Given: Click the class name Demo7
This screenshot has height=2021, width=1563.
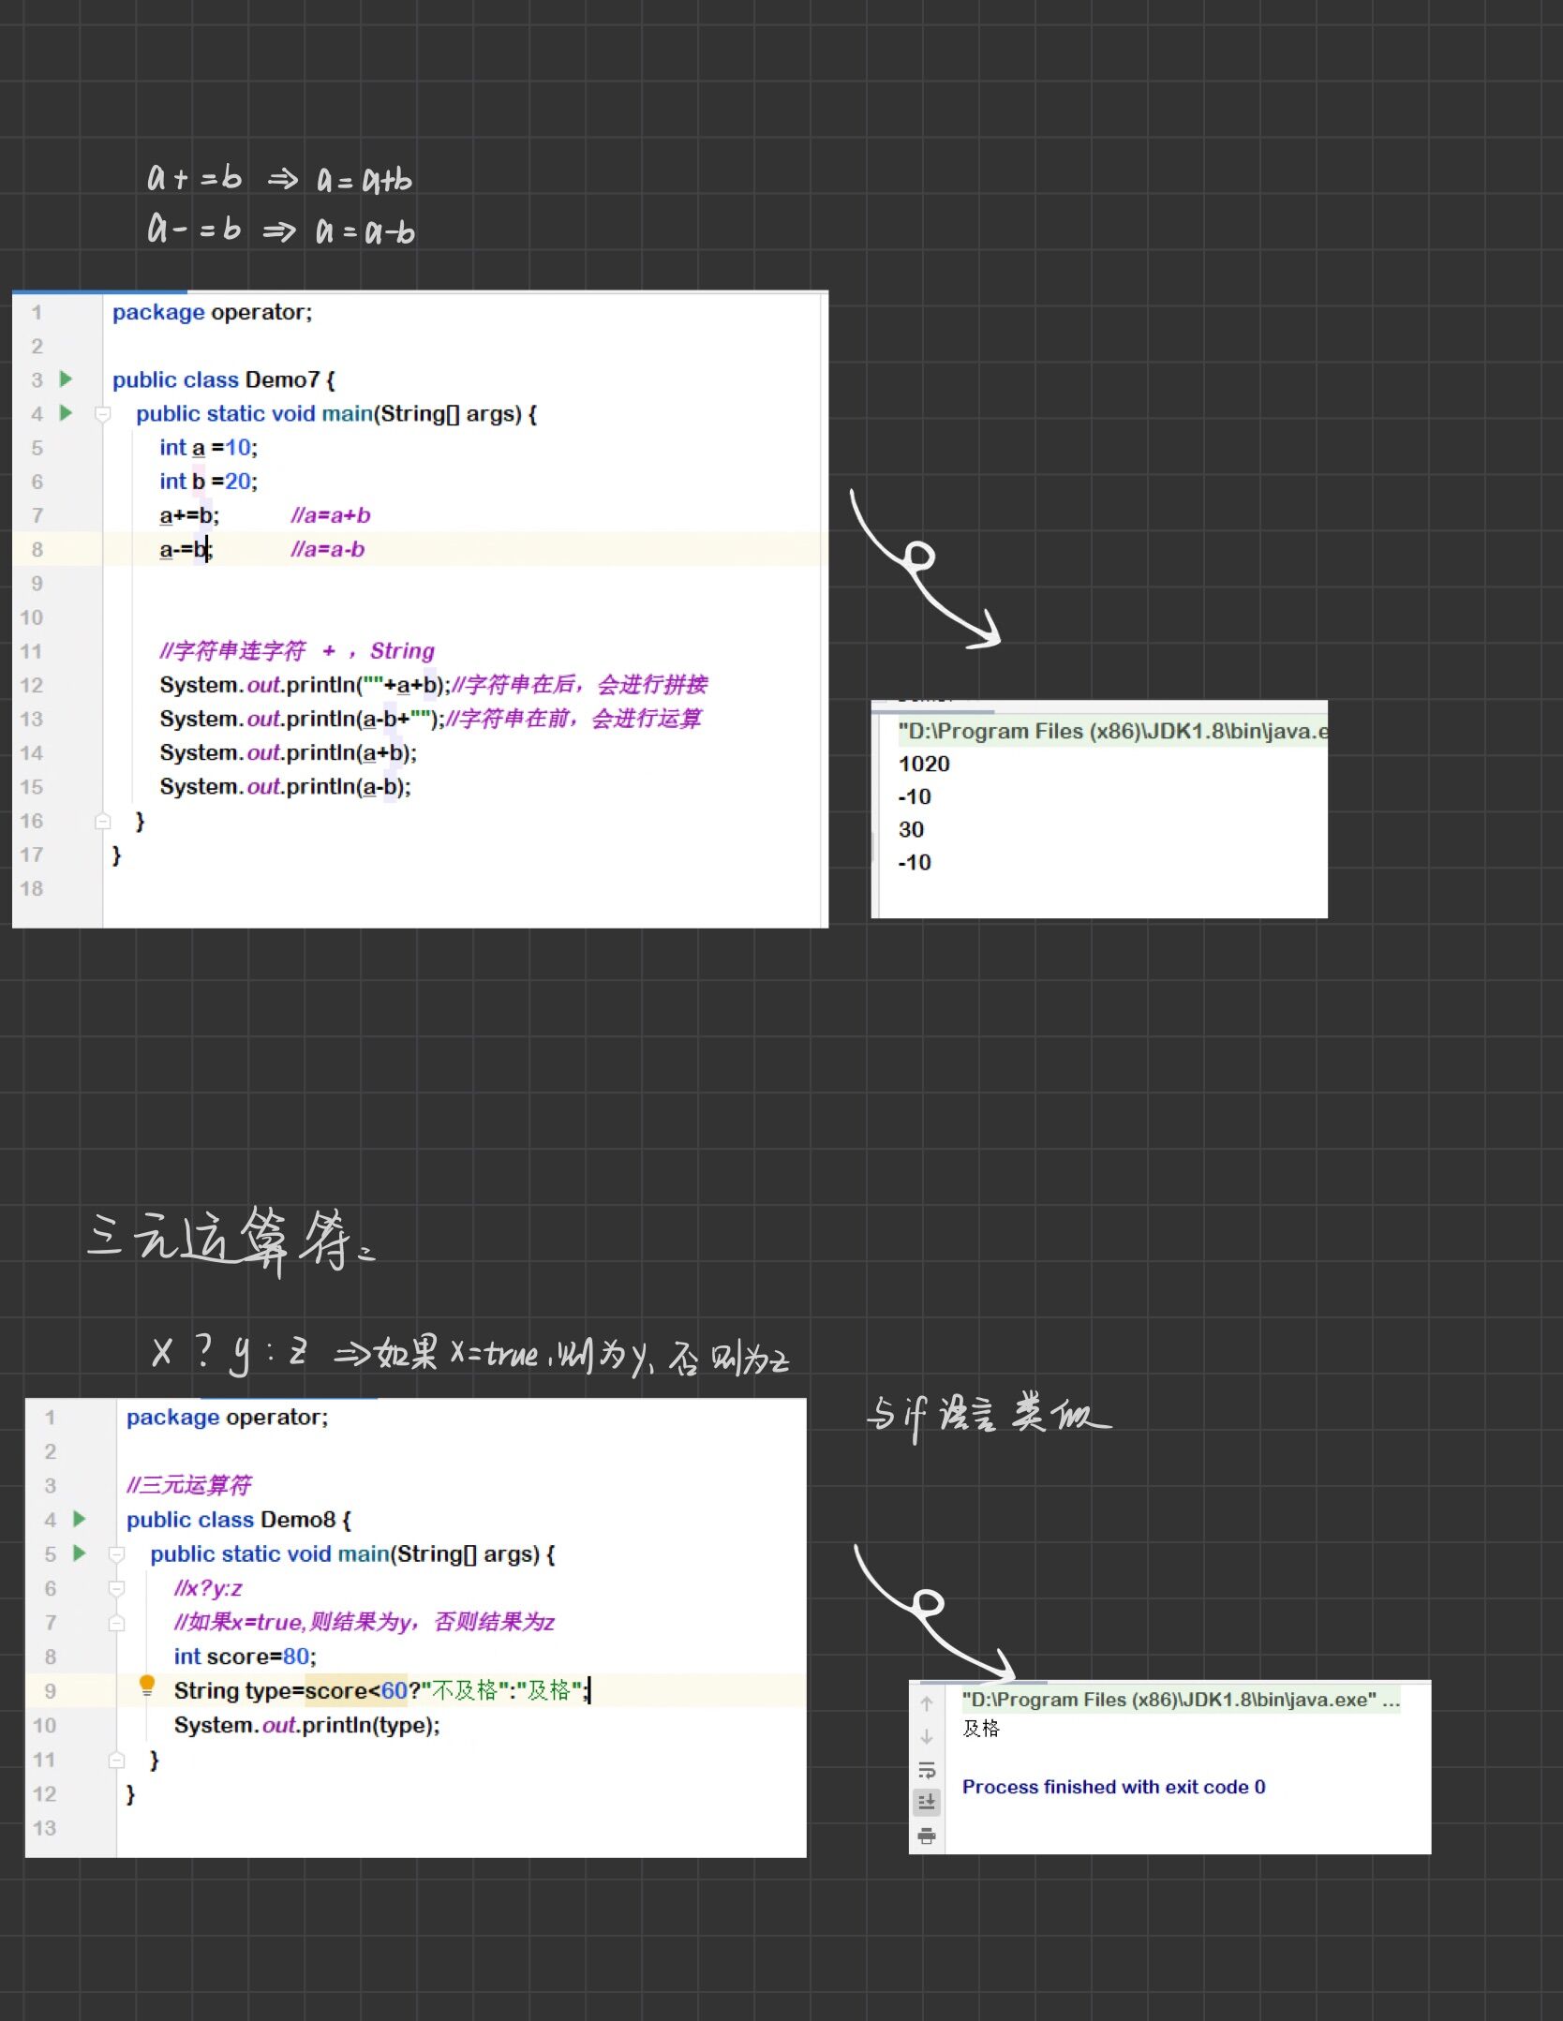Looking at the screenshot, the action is (x=282, y=380).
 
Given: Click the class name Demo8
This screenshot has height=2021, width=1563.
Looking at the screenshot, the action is (x=297, y=1520).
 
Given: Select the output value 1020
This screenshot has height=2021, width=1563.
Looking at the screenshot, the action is (x=924, y=765).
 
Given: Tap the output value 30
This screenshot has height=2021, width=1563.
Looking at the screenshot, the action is (x=911, y=830).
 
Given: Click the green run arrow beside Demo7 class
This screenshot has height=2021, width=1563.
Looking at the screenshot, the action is (x=66, y=379).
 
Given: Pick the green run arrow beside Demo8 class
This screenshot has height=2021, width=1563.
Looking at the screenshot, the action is (x=80, y=1519).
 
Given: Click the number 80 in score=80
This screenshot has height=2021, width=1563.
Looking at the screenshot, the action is (x=296, y=1657).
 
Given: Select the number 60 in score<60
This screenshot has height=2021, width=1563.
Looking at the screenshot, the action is (x=394, y=1691).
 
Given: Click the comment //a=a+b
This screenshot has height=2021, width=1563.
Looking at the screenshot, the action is (x=331, y=515).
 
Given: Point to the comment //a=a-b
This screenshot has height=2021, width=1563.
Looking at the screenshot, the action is (x=328, y=550).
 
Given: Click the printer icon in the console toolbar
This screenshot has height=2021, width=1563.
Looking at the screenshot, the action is (x=927, y=1835).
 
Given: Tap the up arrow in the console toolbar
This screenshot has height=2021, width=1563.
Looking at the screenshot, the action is (x=927, y=1703).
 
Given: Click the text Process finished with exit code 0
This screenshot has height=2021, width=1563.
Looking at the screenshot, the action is (x=1113, y=1787).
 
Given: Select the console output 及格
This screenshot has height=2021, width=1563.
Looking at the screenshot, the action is (x=981, y=1729).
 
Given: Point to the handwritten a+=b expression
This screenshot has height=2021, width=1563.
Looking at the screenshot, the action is (x=195, y=178).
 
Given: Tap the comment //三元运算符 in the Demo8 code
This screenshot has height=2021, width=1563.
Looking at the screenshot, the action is (x=189, y=1486).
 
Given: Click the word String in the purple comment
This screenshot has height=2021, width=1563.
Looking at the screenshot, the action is (x=402, y=651).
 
